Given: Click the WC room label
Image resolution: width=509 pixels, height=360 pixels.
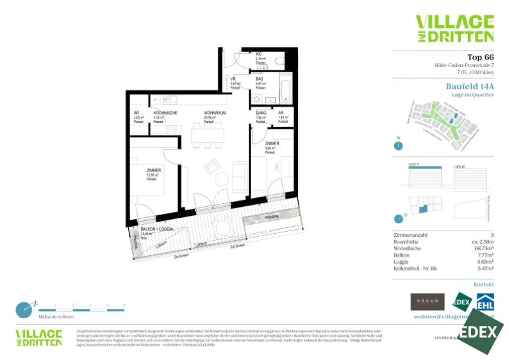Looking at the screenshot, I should [259, 54].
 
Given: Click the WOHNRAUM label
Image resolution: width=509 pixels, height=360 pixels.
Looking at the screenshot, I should [215, 113].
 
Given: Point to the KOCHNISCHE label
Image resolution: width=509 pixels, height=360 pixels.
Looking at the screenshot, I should [165, 113].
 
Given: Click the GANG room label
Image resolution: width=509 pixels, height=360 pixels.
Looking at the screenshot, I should [261, 113].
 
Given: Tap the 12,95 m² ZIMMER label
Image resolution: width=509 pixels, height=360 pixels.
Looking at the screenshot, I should [153, 170].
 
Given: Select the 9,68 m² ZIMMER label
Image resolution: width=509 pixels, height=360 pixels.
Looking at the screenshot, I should [271, 143].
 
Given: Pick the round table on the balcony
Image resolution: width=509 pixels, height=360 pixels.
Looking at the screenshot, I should [221, 227].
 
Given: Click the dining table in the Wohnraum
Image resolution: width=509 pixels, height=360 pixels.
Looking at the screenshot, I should [207, 134].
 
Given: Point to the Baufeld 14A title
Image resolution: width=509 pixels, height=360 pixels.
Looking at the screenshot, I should [470, 86].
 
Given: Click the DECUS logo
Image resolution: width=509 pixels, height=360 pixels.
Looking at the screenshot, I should [427, 302].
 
